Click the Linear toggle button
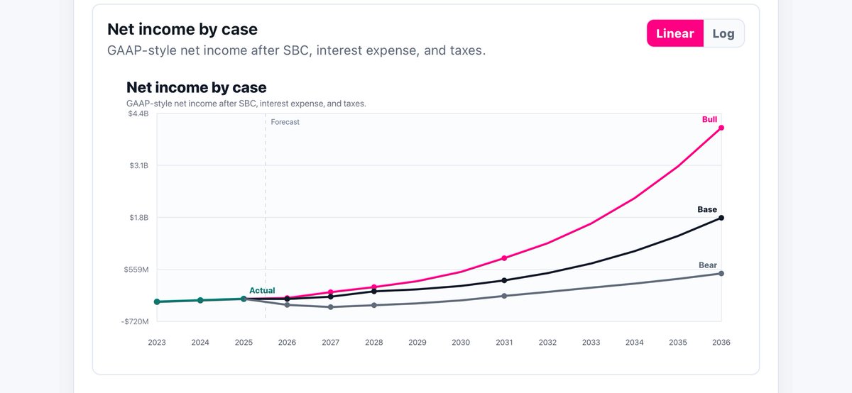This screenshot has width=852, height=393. [x=675, y=33]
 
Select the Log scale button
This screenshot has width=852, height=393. [x=723, y=33]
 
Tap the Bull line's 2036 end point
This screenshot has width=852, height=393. [x=721, y=128]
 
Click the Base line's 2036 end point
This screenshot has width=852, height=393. [x=721, y=218]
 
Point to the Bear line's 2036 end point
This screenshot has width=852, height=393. [x=721, y=274]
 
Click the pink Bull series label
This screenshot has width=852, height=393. [x=709, y=119]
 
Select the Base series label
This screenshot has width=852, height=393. [x=707, y=209]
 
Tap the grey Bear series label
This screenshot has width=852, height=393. [x=708, y=265]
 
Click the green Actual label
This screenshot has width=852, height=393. [x=262, y=290]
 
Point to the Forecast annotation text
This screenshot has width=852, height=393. [x=285, y=122]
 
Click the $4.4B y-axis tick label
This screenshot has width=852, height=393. [x=138, y=114]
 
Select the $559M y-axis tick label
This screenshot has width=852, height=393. [x=136, y=270]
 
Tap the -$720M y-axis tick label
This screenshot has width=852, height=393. [x=135, y=321]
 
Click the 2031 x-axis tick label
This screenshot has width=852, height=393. [x=504, y=343]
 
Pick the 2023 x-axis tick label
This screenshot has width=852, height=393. [x=157, y=343]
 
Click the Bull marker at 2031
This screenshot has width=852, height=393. [x=504, y=258]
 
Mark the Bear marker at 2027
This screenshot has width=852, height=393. [x=331, y=307]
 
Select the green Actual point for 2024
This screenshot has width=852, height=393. [x=200, y=300]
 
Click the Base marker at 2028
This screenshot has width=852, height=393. [x=374, y=291]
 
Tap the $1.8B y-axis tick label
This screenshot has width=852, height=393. [x=139, y=217]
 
